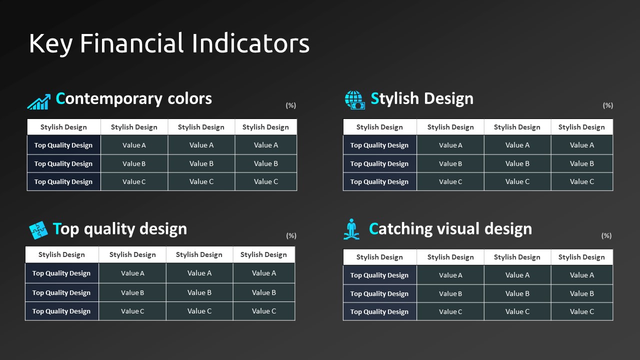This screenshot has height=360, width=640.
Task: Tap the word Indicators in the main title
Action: click(250, 43)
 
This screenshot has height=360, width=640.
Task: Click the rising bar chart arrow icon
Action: click(39, 101)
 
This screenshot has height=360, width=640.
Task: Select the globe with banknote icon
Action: click(354, 100)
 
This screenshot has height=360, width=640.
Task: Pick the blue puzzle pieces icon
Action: click(38, 230)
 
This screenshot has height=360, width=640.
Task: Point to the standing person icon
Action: click(351, 229)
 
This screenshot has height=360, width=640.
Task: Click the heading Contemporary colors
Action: click(133, 99)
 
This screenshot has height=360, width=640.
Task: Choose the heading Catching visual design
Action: click(450, 229)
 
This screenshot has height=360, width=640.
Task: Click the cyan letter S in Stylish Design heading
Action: click(374, 98)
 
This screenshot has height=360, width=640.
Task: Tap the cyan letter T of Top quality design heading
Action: click(57, 228)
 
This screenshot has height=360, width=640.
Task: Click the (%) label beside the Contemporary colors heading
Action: click(291, 105)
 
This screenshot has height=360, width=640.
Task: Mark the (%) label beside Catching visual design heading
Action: click(606, 235)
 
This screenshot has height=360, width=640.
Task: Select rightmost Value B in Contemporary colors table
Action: click(265, 163)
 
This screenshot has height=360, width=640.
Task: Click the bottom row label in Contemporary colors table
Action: click(63, 181)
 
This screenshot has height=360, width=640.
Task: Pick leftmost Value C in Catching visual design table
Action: click(450, 311)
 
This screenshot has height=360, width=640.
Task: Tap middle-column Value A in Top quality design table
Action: click(199, 273)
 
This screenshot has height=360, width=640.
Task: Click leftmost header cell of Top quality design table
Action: click(61, 254)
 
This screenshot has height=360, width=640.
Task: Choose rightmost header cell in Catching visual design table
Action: click(581, 257)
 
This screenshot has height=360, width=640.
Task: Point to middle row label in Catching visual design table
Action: click(379, 293)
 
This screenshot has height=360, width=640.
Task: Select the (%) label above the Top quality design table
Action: click(291, 235)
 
